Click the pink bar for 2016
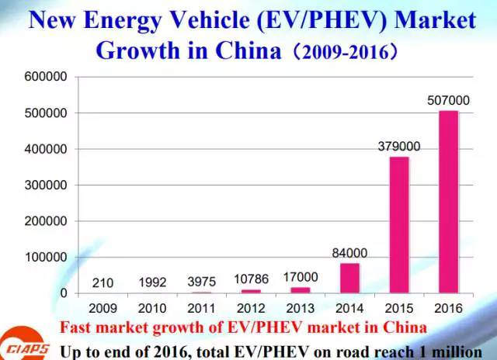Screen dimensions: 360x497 coord(448,202)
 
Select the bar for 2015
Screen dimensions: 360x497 coord(398,224)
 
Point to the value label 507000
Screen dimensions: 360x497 coord(448,101)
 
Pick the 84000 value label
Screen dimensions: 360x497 coord(349,253)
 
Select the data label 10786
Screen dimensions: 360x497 coord(252,279)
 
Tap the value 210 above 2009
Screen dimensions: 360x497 coord(103,282)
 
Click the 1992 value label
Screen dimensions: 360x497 coord(153,282)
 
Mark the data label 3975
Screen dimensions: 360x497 coord(202,282)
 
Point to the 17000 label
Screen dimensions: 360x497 coord(301,277)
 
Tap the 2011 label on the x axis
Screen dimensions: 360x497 coord(202,308)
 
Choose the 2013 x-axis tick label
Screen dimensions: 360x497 coord(301,308)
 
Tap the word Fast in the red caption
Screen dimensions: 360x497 coord(75,326)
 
